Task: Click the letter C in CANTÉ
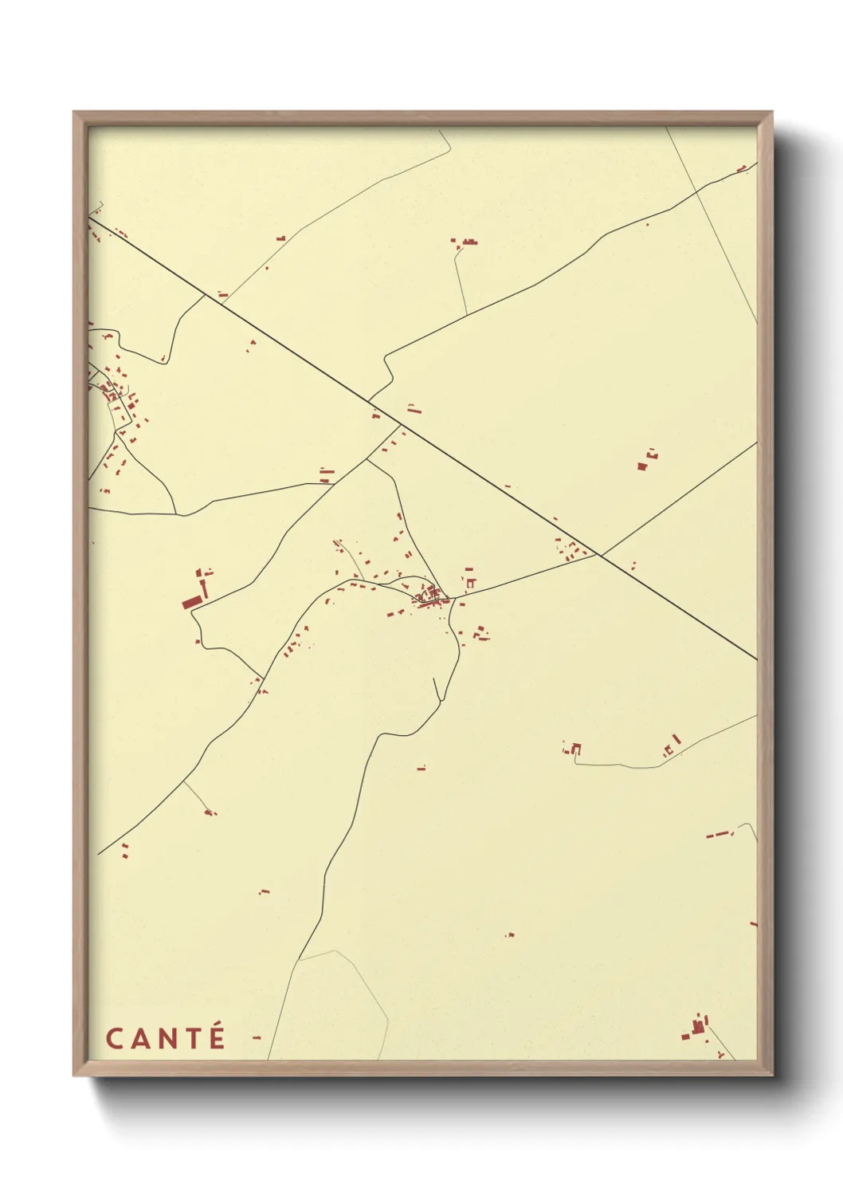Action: point(114,1038)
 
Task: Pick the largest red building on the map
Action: point(192,602)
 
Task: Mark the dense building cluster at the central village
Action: point(429,596)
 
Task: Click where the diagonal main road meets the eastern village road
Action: point(598,555)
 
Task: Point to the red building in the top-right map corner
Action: point(742,168)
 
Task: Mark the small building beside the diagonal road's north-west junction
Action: point(223,294)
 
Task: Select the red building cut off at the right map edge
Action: point(753,924)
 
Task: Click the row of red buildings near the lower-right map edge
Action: point(720,834)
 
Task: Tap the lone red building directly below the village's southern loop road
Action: point(421,768)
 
